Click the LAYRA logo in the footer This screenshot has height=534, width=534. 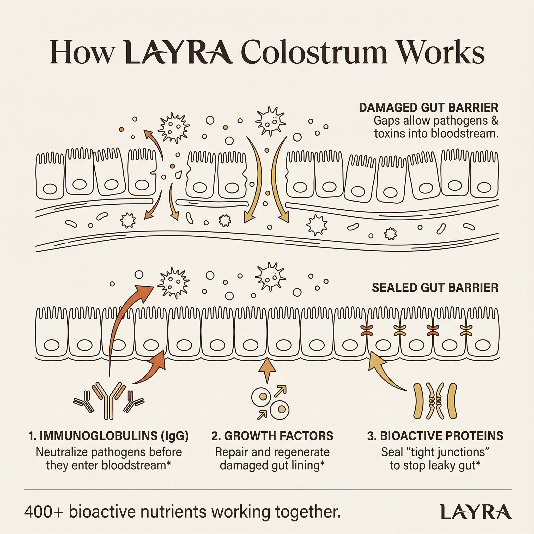[x=475, y=512]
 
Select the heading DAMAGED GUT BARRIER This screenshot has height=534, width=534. [x=428, y=107]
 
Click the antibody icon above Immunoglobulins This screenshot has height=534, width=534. [x=109, y=401]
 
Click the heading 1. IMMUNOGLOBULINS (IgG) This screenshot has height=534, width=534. [x=109, y=436]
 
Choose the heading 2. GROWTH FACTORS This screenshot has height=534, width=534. [x=272, y=436]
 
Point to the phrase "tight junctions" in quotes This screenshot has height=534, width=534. [x=446, y=452]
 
